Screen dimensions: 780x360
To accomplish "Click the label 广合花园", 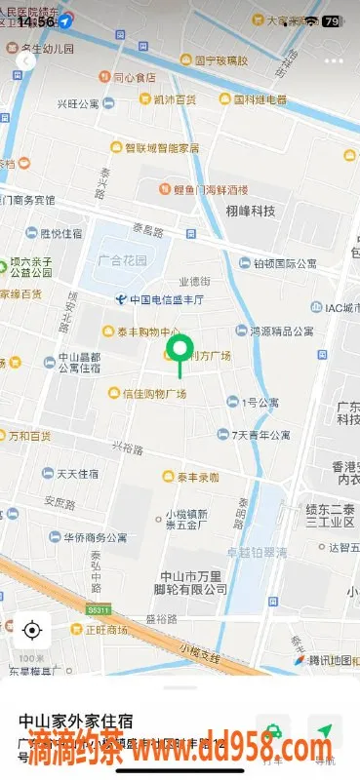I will click(122, 261).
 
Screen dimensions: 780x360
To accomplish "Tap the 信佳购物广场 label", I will click(147, 393).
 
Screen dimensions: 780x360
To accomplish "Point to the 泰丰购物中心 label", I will click(140, 331).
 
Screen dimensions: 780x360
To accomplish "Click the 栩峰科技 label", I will click(250, 211).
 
